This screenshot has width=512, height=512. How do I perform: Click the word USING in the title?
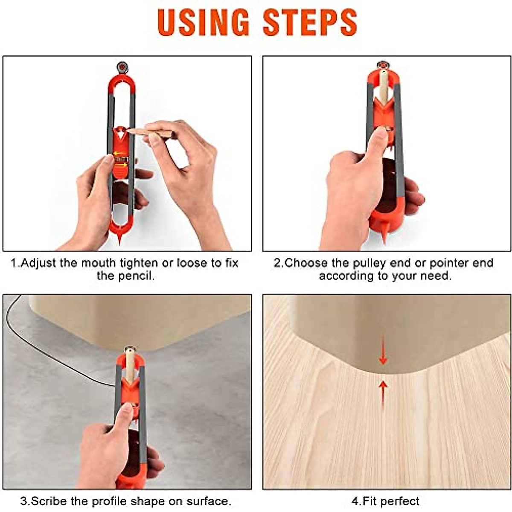click(203, 22)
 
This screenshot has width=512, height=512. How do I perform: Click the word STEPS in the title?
click(310, 22)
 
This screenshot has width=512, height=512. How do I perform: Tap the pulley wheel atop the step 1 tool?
click(122, 67)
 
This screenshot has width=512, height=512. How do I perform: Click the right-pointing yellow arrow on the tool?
click(121, 164)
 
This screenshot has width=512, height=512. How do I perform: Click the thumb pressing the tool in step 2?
click(378, 141)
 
